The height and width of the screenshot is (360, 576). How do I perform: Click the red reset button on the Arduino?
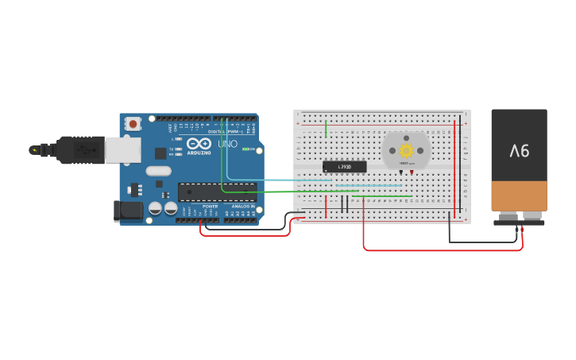pyautogui.click(x=133, y=124)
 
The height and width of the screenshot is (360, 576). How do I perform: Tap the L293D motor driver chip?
pyautogui.click(x=345, y=167)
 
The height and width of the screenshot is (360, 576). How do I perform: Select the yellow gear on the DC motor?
pyautogui.click(x=406, y=150)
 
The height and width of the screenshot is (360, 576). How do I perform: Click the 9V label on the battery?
pyautogui.click(x=520, y=149)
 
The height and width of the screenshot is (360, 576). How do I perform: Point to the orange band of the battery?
pyautogui.click(x=519, y=195)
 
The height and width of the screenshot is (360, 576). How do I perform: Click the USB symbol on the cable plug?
pyautogui.click(x=80, y=149)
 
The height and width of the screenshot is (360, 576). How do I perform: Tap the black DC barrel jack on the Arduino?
pyautogui.click(x=127, y=211)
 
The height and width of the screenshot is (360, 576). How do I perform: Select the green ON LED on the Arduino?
pyautogui.click(x=244, y=149)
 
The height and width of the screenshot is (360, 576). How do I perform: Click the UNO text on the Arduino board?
pyautogui.click(x=228, y=145)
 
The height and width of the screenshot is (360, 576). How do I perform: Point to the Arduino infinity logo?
pyautogui.click(x=199, y=144)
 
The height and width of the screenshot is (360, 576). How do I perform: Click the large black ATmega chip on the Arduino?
pyautogui.click(x=216, y=192)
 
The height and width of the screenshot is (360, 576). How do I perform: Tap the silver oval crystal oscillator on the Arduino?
pyautogui.click(x=158, y=171)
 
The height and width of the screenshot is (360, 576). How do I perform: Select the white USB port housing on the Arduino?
pyautogui.click(x=123, y=150)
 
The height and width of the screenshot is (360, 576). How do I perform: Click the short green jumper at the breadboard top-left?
pyautogui.click(x=326, y=130)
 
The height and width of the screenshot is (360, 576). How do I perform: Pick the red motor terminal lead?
pyautogui.click(x=412, y=172)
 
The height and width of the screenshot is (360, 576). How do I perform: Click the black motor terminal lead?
pyautogui.click(x=401, y=172)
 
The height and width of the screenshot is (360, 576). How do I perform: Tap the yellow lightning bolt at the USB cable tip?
pyautogui.click(x=33, y=149)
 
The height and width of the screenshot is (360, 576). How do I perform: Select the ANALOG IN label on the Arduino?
pyautogui.click(x=243, y=207)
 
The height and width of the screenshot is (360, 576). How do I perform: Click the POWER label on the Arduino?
pyautogui.click(x=210, y=207)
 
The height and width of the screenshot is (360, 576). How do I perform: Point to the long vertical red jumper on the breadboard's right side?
pyautogui.click(x=455, y=167)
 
